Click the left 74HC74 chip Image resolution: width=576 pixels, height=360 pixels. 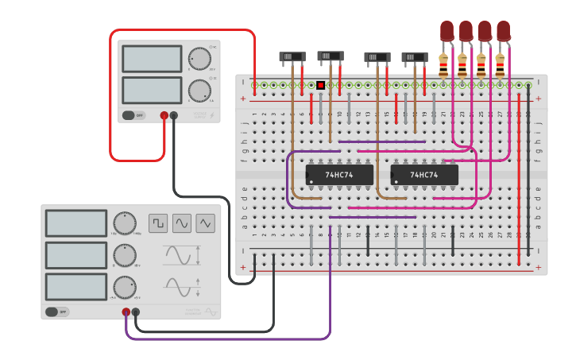click(339, 174)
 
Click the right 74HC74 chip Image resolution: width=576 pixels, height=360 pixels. click(424, 174)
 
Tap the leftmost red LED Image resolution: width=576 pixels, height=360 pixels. click(446, 31)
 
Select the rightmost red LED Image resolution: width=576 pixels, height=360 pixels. click(503, 31)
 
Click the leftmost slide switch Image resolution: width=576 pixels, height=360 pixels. click(292, 57)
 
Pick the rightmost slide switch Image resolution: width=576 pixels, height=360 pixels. click(415, 57)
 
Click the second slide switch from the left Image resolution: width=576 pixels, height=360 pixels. click(331, 56)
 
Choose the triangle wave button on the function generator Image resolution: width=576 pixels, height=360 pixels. click(206, 223)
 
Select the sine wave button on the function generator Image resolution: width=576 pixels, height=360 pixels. click(182, 223)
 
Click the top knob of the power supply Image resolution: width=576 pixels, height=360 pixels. click(199, 59)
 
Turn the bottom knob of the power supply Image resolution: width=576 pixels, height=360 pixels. click(199, 91)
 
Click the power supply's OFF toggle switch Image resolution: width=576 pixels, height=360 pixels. click(133, 115)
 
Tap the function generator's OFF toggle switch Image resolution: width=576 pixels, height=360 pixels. click(57, 312)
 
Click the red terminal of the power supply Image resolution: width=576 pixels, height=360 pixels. click(164, 115)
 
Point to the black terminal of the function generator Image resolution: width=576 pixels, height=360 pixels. click(136, 312)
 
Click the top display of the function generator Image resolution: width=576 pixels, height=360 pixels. click(76, 223)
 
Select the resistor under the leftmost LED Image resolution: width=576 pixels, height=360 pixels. click(443, 64)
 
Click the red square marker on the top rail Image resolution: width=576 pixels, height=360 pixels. click(320, 85)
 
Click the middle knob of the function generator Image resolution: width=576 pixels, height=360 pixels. click(124, 255)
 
